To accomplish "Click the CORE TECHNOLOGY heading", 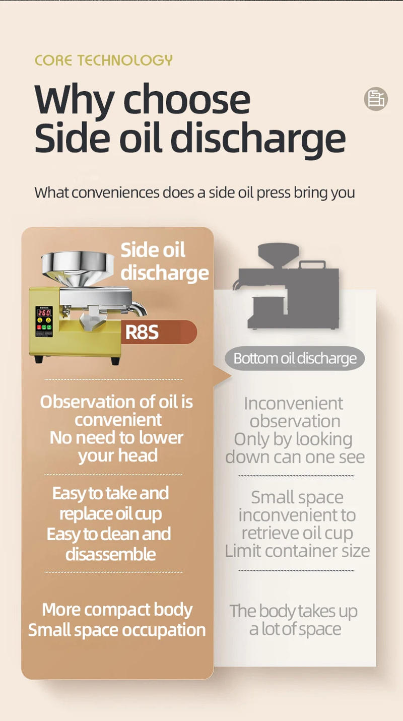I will [103, 60].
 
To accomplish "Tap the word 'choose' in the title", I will [187, 99].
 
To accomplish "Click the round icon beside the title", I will [376, 99].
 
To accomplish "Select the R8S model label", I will [142, 333].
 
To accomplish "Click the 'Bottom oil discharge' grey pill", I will [295, 359].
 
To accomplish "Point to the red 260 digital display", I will [44, 312].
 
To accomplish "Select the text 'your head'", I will [117, 456].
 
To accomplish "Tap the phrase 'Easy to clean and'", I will [109, 534].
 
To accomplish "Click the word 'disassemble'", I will [110, 554].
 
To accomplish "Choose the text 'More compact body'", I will [117, 610].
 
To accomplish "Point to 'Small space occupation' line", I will [117, 630].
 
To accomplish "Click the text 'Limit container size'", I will [297, 551].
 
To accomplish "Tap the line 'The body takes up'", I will [293, 611].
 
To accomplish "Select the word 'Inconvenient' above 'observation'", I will [293, 404].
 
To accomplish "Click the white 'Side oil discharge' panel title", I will [164, 261].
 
